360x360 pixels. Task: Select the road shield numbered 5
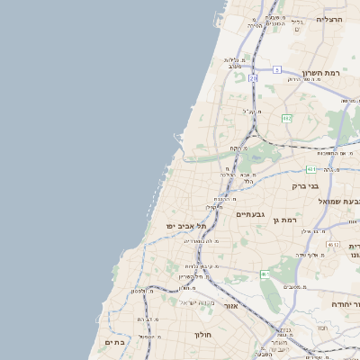click(x=277, y=69)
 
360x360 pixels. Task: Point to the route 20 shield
click(x=253, y=78)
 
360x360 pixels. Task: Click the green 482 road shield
click(x=287, y=118)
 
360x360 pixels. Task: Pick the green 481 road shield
click(x=310, y=167)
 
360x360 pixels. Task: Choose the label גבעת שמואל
click(x=338, y=202)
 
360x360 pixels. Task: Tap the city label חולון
click(x=202, y=335)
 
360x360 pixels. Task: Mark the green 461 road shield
click(x=265, y=274)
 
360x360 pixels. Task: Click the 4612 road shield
click(x=333, y=245)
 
